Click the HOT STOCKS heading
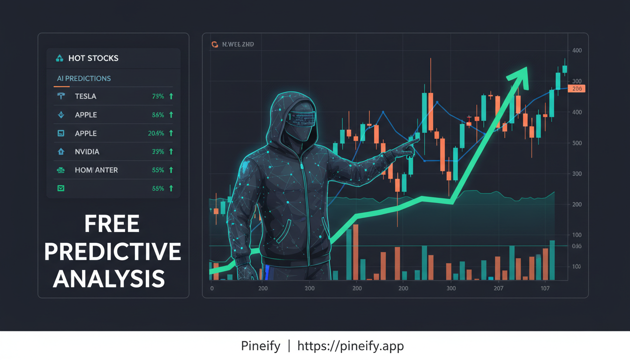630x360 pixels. [x=93, y=58]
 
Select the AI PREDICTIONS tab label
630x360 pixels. [x=84, y=78]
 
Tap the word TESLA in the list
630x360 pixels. [x=85, y=96]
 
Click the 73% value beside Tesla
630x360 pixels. [x=158, y=96]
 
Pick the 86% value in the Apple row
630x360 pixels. [x=158, y=115]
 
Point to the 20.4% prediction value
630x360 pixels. [x=156, y=133]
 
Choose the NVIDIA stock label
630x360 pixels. [x=87, y=152]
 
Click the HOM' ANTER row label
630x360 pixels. [x=96, y=170]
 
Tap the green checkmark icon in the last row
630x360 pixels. [x=60, y=188]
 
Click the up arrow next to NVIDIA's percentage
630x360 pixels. [x=171, y=151]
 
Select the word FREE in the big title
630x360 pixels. [x=112, y=224]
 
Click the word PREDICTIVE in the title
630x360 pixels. [x=112, y=252]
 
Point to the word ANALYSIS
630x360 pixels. [x=109, y=278]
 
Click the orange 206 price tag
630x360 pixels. [x=576, y=89]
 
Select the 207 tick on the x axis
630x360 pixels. [x=498, y=288]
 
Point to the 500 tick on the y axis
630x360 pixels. [x=577, y=143]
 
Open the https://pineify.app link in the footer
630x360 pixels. [x=350, y=346]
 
